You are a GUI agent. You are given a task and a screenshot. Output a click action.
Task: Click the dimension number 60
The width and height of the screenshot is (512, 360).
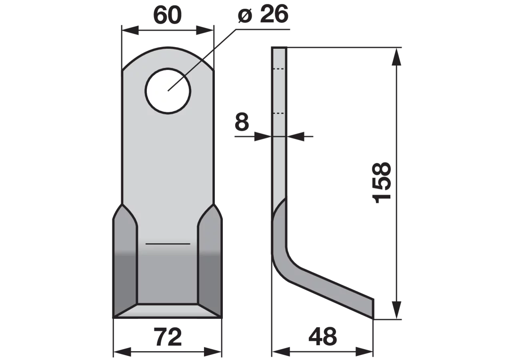pyautogui.click(x=168, y=15)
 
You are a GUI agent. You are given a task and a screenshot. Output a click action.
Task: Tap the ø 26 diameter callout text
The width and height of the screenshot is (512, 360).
pyautogui.click(x=263, y=14)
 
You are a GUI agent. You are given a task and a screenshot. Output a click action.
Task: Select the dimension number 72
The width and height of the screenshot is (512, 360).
pyautogui.click(x=168, y=337)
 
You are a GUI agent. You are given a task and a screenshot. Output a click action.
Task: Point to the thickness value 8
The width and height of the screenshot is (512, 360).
pyautogui.click(x=242, y=122)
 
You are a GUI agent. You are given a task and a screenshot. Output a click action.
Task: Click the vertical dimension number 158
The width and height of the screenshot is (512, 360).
pyautogui.click(x=382, y=183)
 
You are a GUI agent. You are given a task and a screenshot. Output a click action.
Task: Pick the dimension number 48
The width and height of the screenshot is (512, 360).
pyautogui.click(x=323, y=337)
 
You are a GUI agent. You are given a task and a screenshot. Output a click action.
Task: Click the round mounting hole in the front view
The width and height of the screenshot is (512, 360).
pyautogui.click(x=168, y=91)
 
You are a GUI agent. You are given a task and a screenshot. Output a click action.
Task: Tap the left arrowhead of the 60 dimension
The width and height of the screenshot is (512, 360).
pyautogui.click(x=130, y=30)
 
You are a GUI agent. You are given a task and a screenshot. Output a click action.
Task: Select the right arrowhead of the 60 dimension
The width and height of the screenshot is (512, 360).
pyautogui.click(x=205, y=30)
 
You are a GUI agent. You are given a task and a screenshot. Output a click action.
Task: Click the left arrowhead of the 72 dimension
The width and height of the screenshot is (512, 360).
pyautogui.click(x=122, y=352)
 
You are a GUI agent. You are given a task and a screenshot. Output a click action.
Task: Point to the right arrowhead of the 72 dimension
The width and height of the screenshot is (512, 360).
pyautogui.click(x=213, y=352)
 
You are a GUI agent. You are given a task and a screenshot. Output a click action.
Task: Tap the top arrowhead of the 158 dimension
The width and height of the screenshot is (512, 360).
pyautogui.click(x=396, y=57)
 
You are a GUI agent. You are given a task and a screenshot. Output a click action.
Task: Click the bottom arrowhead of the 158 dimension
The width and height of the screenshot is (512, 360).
pyautogui.click(x=396, y=310)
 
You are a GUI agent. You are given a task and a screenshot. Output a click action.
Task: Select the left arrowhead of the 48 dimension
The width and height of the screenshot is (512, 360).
pyautogui.click(x=281, y=352)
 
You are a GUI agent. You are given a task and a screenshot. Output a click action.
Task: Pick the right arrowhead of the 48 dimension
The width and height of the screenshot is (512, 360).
pyautogui.click(x=364, y=352)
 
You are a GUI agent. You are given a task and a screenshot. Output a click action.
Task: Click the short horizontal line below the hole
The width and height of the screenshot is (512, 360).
pyautogui.click(x=168, y=244)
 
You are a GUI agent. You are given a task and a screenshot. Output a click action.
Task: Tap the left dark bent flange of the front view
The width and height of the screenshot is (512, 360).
pyautogui.click(x=125, y=260)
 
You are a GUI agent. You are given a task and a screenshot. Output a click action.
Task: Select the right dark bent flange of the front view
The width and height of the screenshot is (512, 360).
pyautogui.click(x=210, y=260)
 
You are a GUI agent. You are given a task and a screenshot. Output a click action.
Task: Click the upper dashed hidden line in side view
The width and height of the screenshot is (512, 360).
pyautogui.click(x=279, y=68)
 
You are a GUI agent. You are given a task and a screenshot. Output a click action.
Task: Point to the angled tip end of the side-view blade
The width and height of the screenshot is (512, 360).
pyautogui.click(x=373, y=308)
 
